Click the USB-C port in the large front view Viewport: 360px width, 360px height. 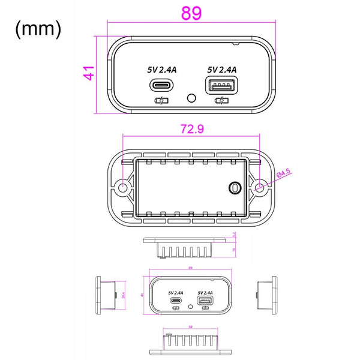(x=162, y=86)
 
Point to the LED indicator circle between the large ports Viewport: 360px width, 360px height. (x=191, y=97)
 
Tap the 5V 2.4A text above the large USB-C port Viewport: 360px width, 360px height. (x=162, y=70)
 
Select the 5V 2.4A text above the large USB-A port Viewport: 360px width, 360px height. (x=221, y=70)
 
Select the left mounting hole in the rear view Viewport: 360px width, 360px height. (x=122, y=187)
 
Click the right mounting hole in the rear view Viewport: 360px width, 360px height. (x=260, y=187)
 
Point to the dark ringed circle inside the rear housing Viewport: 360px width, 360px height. (x=233, y=188)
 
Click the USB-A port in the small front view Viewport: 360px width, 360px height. (x=205, y=300)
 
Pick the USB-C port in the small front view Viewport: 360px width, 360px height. (x=176, y=300)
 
